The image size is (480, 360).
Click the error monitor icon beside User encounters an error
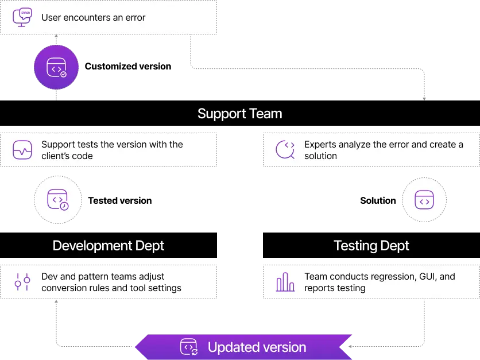[22, 17]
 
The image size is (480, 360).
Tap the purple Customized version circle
[56, 67]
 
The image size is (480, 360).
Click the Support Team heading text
[239, 114]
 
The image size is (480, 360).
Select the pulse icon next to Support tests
[22, 150]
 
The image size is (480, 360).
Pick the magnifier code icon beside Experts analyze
[285, 150]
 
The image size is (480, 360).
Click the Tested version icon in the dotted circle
[58, 200]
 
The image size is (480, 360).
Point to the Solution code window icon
[424, 200]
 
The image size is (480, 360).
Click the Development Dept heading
[109, 246]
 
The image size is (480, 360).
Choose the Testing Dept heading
[371, 246]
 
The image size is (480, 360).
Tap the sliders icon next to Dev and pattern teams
[22, 282]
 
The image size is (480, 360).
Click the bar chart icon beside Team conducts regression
[285, 282]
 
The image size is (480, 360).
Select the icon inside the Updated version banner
[189, 347]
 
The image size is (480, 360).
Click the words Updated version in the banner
[257, 347]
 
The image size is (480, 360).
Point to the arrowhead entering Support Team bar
[424, 99]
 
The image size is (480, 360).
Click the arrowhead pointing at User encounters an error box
[56, 36]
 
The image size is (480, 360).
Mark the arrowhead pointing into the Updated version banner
[350, 347]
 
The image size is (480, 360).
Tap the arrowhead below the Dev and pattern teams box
[56, 301]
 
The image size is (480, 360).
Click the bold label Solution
[378, 200]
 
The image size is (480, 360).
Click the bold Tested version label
[120, 200]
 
